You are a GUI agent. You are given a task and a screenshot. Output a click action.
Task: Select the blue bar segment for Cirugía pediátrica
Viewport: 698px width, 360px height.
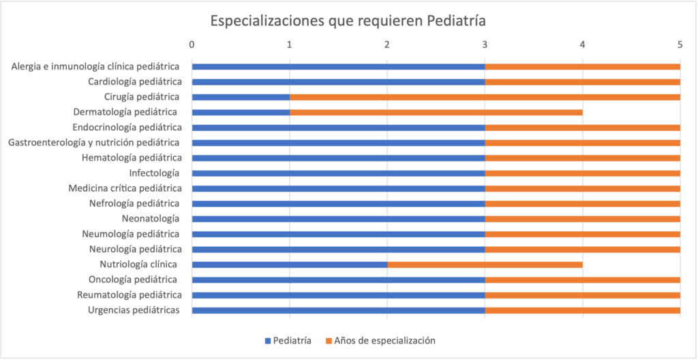tap(241, 97)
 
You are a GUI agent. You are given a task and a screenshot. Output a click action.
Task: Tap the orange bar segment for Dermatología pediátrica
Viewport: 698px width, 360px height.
tap(436, 112)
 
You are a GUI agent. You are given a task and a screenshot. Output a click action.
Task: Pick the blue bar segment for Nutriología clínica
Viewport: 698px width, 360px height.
tap(290, 265)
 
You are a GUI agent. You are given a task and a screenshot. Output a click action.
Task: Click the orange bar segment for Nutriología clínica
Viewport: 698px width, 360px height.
tap(485, 265)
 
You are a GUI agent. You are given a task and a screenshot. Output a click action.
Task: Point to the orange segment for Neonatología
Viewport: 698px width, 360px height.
tap(582, 219)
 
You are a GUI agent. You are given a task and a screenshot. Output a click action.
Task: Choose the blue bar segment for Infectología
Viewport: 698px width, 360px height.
tap(338, 173)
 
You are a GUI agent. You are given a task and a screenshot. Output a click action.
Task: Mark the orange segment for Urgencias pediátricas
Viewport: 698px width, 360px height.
tap(582, 310)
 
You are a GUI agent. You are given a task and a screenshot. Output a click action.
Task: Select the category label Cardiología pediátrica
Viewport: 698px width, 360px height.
tap(134, 82)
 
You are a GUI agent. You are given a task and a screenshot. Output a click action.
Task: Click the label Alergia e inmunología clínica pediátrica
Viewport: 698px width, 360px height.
tap(95, 66)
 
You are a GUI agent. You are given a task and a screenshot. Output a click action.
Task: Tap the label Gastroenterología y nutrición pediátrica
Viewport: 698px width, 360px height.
tap(94, 142)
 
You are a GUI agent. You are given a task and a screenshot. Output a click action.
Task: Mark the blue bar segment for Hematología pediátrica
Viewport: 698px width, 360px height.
tap(338, 157)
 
